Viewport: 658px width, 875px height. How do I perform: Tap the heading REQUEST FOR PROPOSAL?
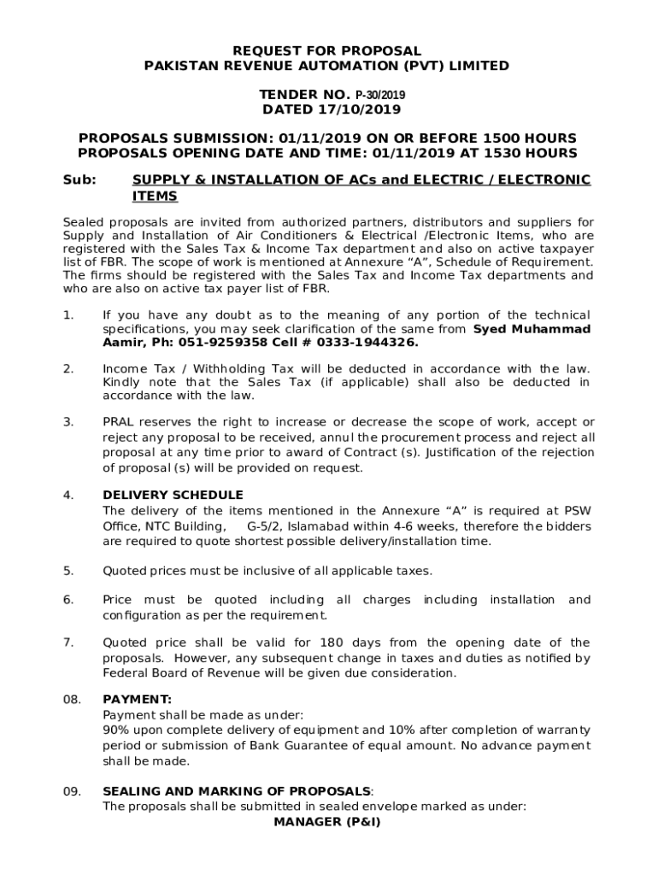[328, 51]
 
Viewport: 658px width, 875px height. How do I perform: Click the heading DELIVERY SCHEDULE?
[173, 496]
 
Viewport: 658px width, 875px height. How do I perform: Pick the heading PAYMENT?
[137, 699]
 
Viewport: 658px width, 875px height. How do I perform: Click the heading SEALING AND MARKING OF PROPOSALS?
[237, 791]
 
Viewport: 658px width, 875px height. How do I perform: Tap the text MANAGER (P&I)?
[327, 822]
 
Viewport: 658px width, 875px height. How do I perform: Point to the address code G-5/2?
[264, 526]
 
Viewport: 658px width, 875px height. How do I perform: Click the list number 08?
[71, 699]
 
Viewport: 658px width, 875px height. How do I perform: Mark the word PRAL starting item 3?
[117, 422]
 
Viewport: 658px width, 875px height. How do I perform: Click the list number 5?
[68, 570]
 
